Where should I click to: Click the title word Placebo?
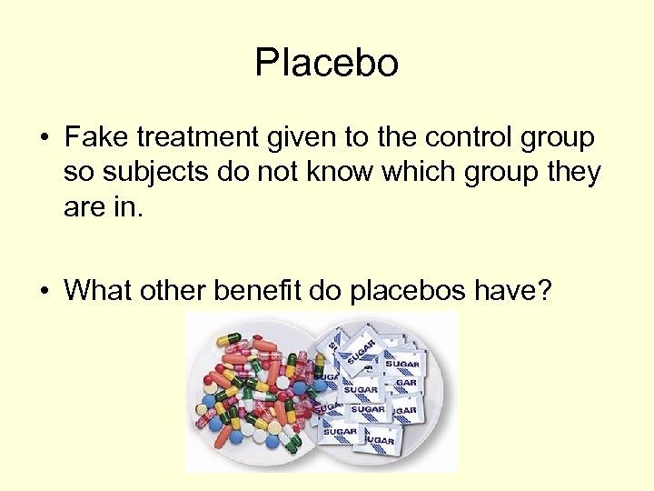pyautogui.click(x=326, y=64)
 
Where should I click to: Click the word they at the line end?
pyautogui.click(x=572, y=172)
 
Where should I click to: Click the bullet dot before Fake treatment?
pyautogui.click(x=44, y=139)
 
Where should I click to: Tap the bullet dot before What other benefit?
pyautogui.click(x=44, y=291)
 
